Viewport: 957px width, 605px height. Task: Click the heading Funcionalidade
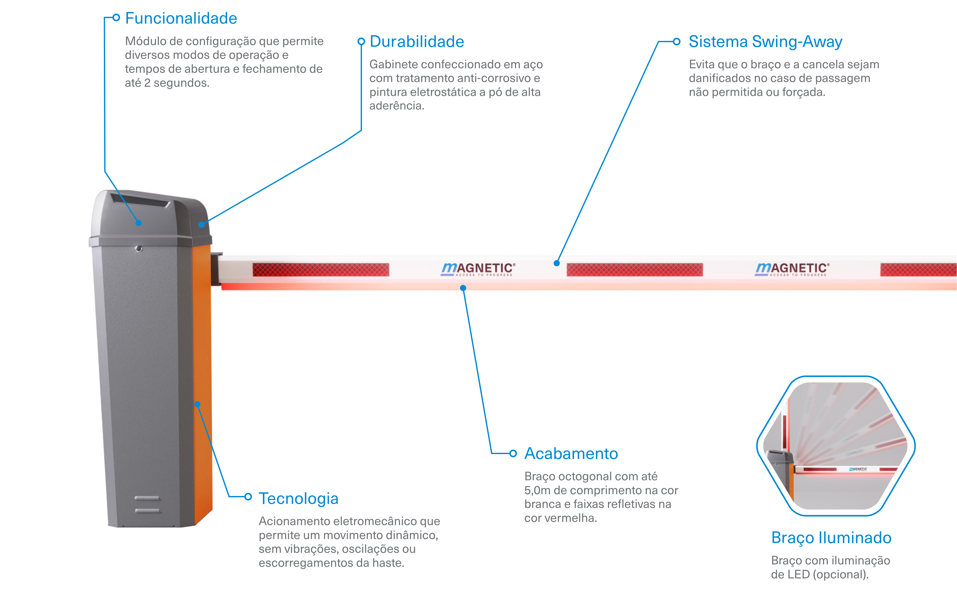181,18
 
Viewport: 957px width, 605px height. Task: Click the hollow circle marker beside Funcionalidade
116,17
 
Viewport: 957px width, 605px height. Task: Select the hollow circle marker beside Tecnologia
248,497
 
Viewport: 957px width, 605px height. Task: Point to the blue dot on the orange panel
197,404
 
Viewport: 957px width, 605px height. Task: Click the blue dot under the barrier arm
463,288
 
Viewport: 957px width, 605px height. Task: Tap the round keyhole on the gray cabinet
139,249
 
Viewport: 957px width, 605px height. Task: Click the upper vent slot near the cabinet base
147,498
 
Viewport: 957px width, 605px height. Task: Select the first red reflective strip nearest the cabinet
321,269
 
